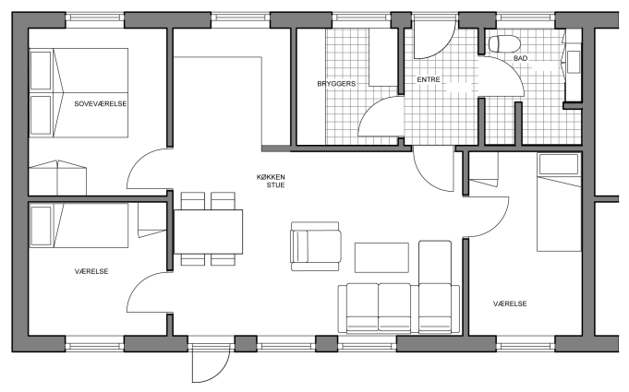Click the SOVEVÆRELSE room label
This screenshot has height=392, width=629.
pyautogui.click(x=101, y=103)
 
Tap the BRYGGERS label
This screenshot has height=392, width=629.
pyautogui.click(x=336, y=84)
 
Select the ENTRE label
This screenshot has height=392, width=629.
pyautogui.click(x=429, y=79)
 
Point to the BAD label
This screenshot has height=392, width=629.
pyautogui.click(x=520, y=58)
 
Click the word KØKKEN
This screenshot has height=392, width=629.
pyautogui.click(x=271, y=177)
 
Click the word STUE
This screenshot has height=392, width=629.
pyautogui.click(x=275, y=185)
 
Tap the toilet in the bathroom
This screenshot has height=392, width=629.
pyautogui.click(x=504, y=43)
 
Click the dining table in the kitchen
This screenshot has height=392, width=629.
pyautogui.click(x=208, y=232)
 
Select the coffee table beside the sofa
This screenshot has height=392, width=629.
pyautogui.click(x=381, y=257)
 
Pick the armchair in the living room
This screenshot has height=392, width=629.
pyautogui.click(x=316, y=246)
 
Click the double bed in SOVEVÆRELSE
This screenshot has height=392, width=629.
pyautogui.click(x=79, y=93)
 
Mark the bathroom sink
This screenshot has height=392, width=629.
pyautogui.click(x=574, y=62)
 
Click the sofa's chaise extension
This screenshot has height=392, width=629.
pyautogui.click(x=435, y=262)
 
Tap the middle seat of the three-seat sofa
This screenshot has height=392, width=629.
pyautogui.click(x=394, y=307)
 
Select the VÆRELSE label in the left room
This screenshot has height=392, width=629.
pyautogui.click(x=91, y=271)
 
